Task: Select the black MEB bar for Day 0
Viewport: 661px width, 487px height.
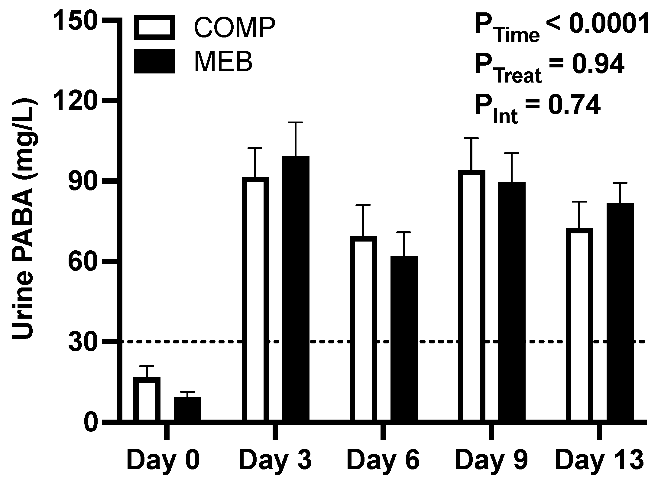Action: click(188, 409)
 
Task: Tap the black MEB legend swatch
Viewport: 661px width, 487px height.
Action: click(154, 61)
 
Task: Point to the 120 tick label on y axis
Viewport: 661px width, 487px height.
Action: click(76, 102)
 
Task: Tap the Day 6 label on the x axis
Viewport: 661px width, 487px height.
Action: click(383, 460)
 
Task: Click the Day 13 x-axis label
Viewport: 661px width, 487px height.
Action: click(599, 460)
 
